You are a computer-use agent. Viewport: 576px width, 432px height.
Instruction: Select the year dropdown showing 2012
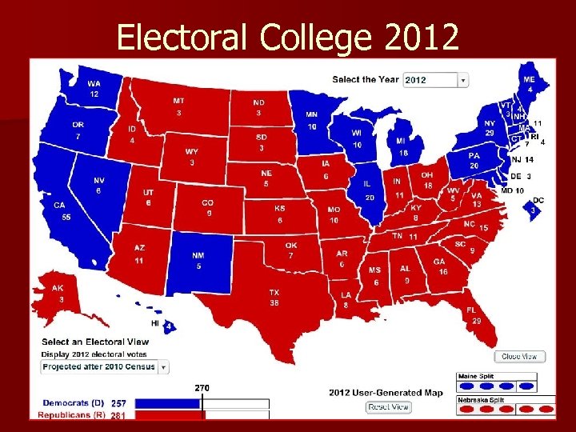pos(435,80)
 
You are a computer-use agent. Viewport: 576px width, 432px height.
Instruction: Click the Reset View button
pos(389,407)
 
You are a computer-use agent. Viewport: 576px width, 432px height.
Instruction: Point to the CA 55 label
pos(60,211)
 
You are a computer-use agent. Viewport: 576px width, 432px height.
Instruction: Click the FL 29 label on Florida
pos(476,315)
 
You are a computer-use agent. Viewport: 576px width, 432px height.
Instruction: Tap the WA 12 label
pos(94,89)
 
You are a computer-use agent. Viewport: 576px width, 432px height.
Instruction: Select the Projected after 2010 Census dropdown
pos(105,366)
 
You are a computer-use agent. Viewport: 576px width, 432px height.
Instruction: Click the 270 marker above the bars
pos(202,388)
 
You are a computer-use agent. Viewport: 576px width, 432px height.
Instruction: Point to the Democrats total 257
pos(118,403)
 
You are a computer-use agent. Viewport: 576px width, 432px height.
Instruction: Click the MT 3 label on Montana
pos(178,107)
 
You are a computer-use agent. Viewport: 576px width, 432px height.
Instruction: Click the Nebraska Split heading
pos(480,399)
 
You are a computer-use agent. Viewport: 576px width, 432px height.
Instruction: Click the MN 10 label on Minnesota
pos(311,120)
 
